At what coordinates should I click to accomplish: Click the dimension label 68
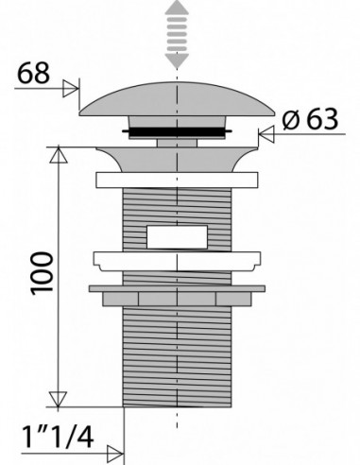coord(33,73)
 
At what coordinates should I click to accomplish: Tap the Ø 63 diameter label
coord(310,119)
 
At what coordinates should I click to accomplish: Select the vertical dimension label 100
coord(42,273)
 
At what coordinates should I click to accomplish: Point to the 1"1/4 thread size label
coord(58,437)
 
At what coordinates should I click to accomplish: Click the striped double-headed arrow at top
coord(177,35)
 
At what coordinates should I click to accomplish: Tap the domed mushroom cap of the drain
coord(177,99)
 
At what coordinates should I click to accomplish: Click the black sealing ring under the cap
coord(177,131)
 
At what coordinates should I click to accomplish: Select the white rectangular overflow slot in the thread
coord(177,237)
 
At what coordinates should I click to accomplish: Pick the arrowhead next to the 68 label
coord(71,88)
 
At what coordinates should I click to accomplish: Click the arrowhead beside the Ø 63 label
coord(266,134)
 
